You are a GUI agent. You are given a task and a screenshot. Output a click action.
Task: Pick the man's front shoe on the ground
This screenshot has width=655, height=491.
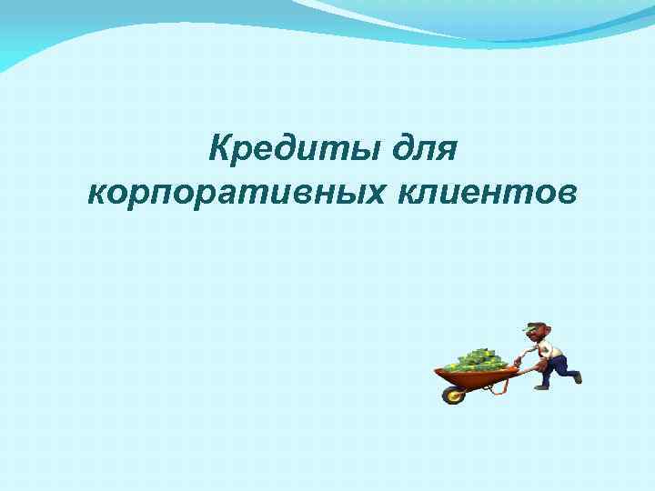click(x=541, y=386)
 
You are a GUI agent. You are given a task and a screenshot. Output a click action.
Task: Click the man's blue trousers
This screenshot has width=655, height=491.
click(x=556, y=366)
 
